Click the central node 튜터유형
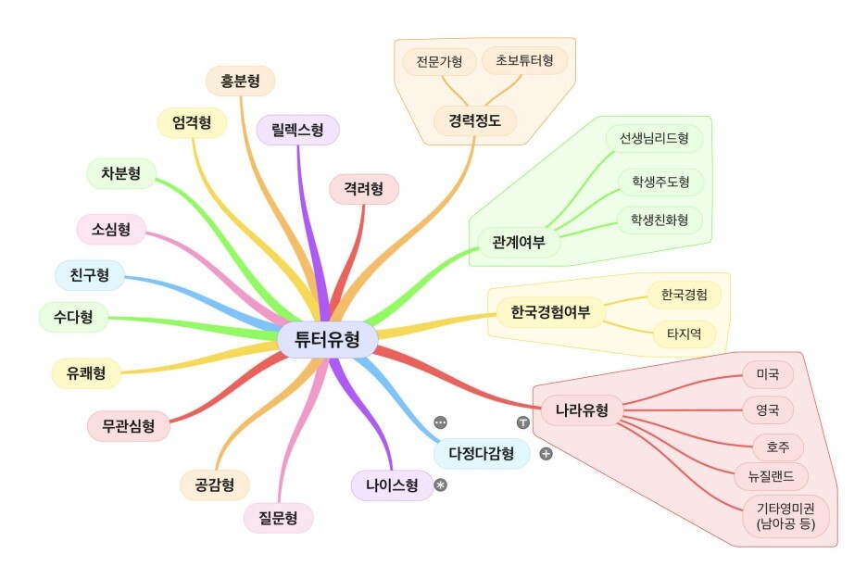[327, 340]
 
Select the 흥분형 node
[240, 82]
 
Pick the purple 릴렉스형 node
[298, 130]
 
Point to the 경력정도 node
[475, 120]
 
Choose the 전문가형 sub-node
[439, 62]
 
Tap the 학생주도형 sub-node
[660, 182]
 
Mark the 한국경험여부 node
[550, 313]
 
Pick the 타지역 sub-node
[685, 334]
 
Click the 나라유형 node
[582, 409]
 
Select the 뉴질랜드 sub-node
[771, 477]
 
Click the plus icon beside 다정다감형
[546, 454]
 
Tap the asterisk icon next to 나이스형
[441, 485]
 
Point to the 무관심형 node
[129, 426]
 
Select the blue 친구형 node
[89, 275]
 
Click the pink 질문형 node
[278, 518]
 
